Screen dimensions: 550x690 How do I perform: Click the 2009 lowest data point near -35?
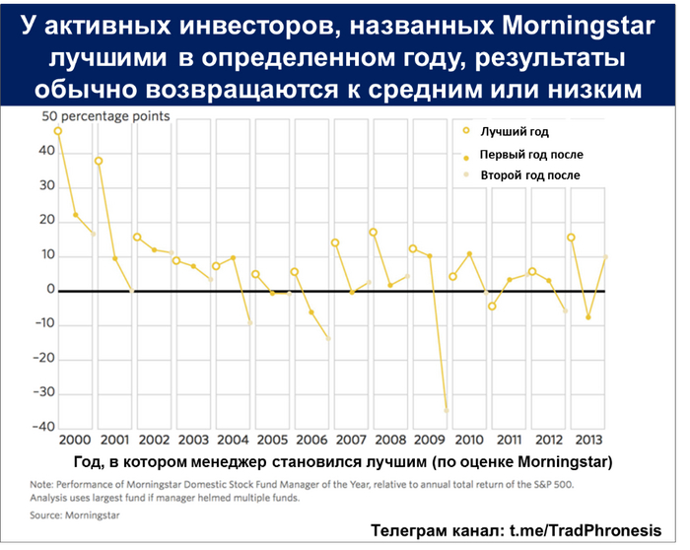click(447, 409)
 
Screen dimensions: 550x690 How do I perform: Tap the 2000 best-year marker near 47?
click(58, 131)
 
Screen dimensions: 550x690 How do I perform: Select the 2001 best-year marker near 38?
click(99, 161)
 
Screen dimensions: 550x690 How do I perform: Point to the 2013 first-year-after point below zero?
click(589, 317)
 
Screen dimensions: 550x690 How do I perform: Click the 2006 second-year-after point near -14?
click(327, 338)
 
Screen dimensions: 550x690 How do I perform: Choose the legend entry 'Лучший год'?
click(514, 131)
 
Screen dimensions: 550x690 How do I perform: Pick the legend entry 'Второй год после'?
click(528, 175)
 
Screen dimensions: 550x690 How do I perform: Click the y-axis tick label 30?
click(43, 186)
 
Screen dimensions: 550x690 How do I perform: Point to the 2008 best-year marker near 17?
click(374, 233)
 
